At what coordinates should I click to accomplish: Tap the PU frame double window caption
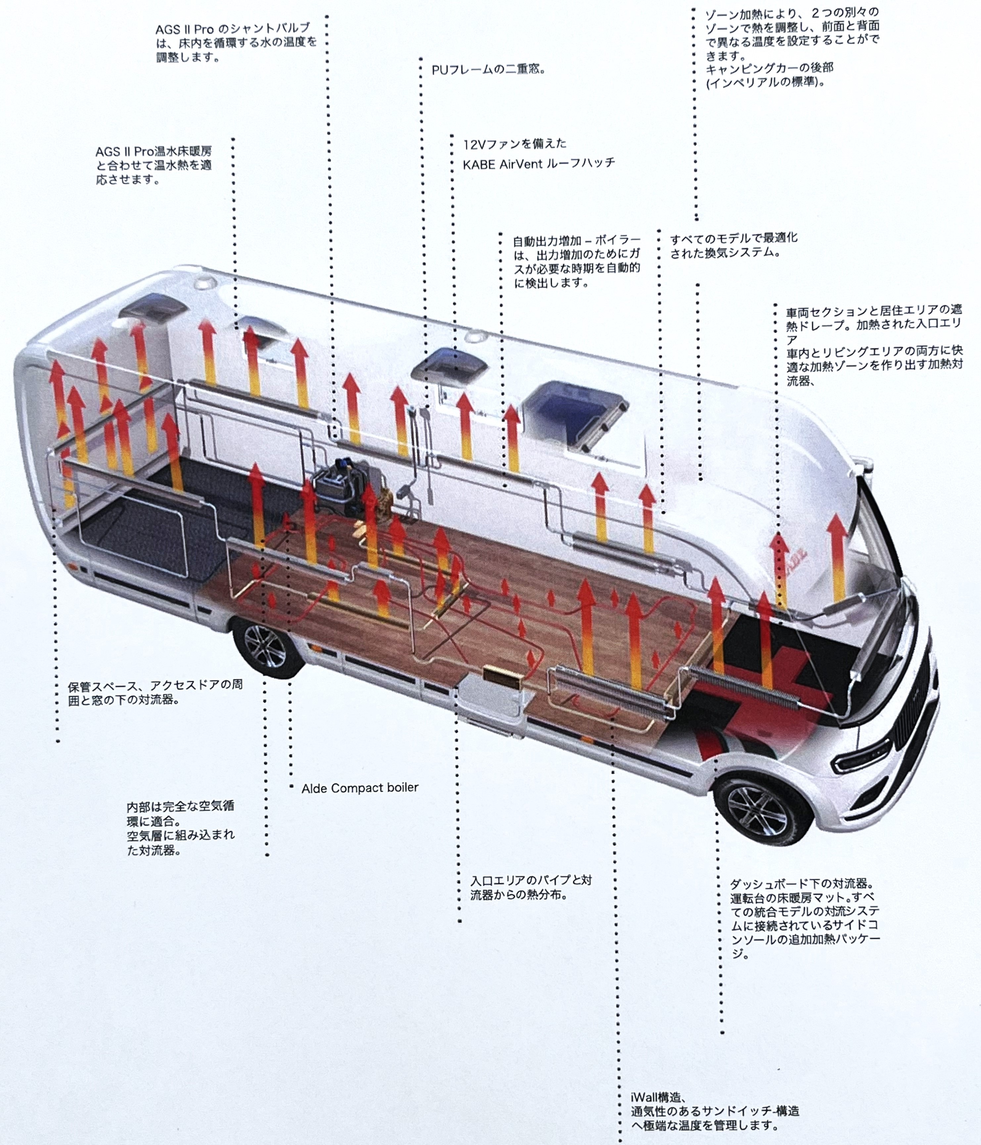489,70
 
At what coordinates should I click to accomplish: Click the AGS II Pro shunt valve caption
237,43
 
